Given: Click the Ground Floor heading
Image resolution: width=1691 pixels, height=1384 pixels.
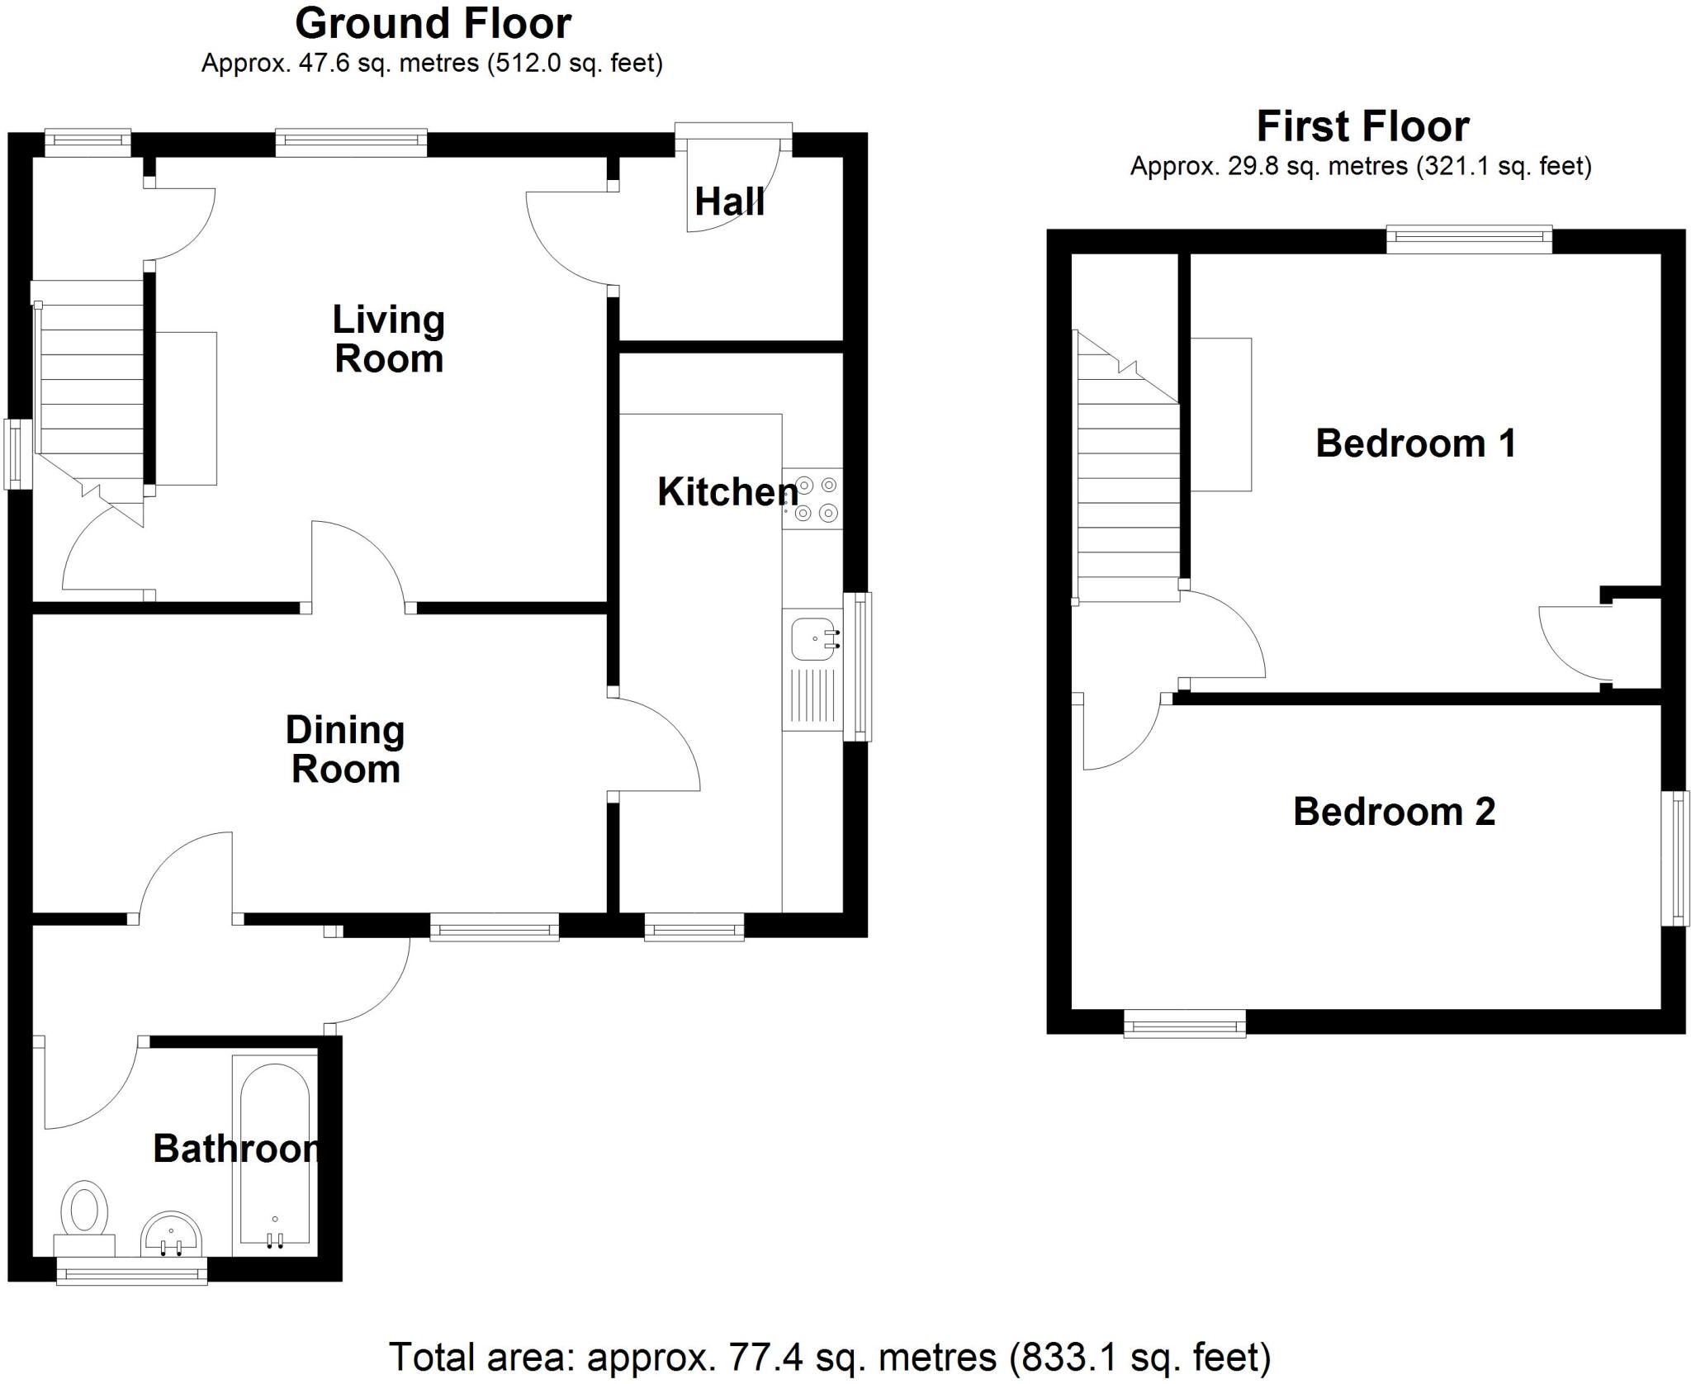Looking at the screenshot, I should tap(433, 23).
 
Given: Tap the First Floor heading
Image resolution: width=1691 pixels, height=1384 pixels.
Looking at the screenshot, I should tap(1362, 126).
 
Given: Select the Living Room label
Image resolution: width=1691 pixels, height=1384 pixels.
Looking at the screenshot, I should tap(389, 339).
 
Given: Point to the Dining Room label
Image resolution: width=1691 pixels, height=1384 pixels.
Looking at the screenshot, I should tap(345, 750).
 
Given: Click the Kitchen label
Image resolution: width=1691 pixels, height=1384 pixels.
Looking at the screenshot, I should tap(727, 492).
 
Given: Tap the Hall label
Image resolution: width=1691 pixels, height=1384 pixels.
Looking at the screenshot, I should tap(729, 202).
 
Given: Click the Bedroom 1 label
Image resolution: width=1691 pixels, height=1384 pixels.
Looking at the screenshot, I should tap(1415, 443).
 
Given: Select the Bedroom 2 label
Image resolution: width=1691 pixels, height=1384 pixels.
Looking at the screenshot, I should tap(1394, 812).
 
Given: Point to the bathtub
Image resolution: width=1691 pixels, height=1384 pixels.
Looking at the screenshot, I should tap(274, 1165).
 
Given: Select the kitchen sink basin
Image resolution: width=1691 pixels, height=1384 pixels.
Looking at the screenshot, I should tap(815, 639).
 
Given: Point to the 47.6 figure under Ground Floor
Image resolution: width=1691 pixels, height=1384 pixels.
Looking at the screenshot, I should tap(321, 64).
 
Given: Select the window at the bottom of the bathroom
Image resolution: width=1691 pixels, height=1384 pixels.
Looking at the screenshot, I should tap(131, 1277).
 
